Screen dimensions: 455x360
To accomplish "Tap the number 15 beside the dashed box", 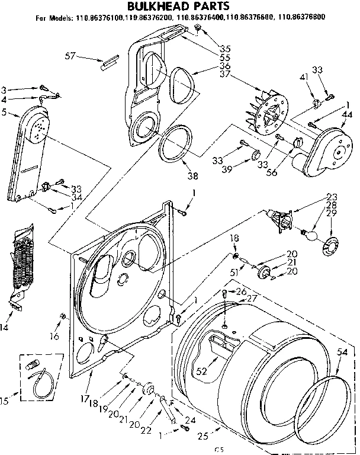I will pos(5,402).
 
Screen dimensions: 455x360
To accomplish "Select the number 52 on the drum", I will pos(201,372).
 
